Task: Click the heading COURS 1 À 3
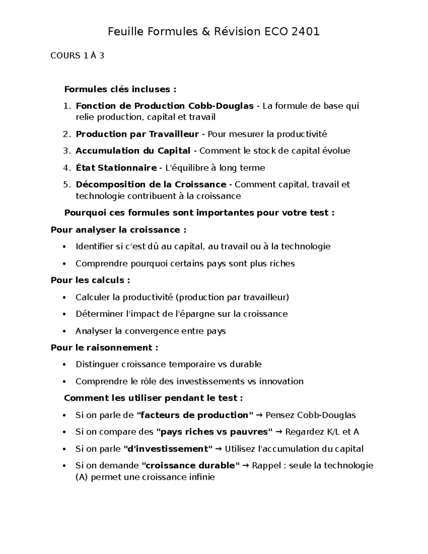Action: tap(77, 56)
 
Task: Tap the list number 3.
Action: tap(66, 151)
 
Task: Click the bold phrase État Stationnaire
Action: tap(116, 168)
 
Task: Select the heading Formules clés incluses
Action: tap(120, 89)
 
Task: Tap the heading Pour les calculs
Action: tap(90, 280)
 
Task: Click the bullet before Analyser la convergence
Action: tap(64, 331)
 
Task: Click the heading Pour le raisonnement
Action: tap(104, 347)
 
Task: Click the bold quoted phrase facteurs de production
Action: tap(195, 415)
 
